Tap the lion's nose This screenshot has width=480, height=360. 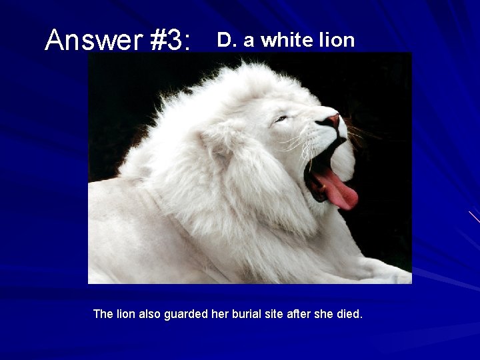coord(331,121)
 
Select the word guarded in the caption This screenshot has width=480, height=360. coord(186,314)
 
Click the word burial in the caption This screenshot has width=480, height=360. coord(247,313)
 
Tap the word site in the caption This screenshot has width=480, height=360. coord(277,313)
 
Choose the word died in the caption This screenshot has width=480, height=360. coord(350,313)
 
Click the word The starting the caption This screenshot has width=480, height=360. coord(103,313)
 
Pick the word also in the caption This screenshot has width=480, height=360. coord(150,313)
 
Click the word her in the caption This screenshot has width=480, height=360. coord(220,313)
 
